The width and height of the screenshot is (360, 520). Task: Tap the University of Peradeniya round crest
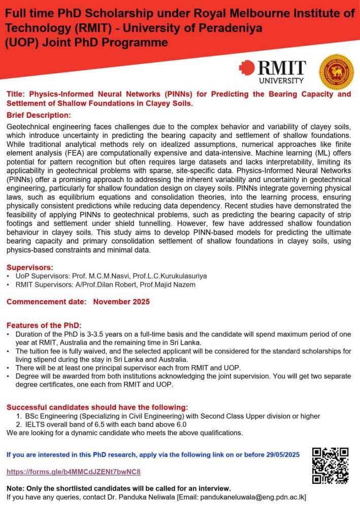[336, 72]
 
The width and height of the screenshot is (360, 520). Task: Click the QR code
[330, 465]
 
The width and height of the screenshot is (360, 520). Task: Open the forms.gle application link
[73, 472]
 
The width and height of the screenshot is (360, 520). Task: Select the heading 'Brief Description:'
[39, 115]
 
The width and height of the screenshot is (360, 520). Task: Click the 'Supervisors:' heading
[30, 267]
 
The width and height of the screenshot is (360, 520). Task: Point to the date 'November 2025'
[121, 302]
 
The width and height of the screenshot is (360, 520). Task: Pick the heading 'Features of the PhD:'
[44, 326]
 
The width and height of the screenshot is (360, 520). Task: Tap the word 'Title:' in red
[16, 94]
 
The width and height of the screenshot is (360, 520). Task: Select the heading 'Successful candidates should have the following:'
[97, 407]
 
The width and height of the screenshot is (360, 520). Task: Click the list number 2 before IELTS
[19, 425]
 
